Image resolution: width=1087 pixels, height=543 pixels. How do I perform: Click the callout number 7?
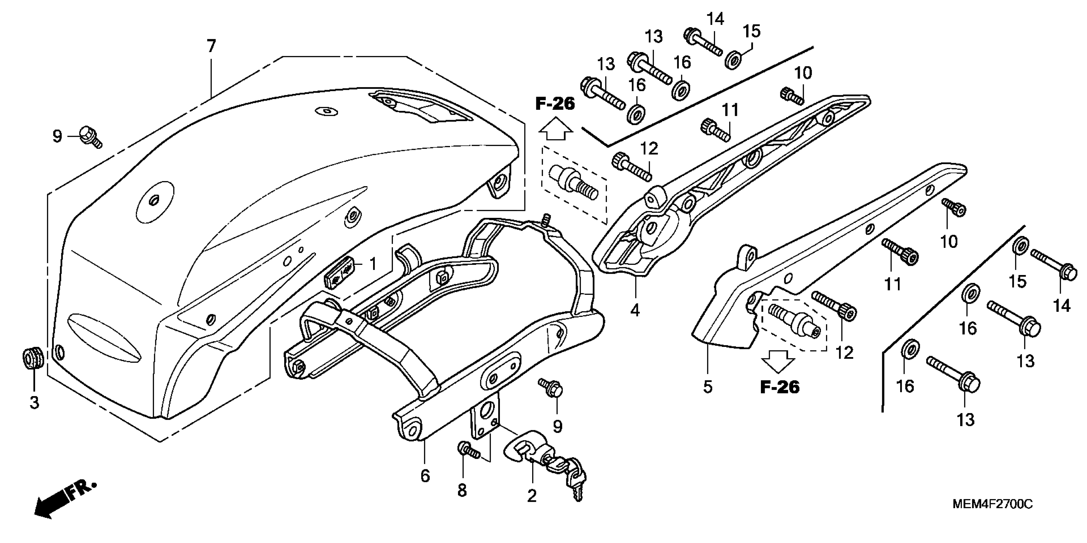211,46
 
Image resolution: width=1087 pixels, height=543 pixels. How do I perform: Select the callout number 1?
372,264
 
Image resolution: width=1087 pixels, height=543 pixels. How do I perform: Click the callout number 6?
425,476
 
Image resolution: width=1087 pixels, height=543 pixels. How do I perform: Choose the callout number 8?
462,491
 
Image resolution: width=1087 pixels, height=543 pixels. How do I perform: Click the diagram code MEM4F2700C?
991,504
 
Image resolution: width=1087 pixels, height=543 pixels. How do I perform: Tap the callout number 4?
635,310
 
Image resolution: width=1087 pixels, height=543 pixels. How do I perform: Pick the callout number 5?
708,387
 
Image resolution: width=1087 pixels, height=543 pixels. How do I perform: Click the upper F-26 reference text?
555,104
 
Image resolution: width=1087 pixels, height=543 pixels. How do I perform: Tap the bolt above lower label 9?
551,388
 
